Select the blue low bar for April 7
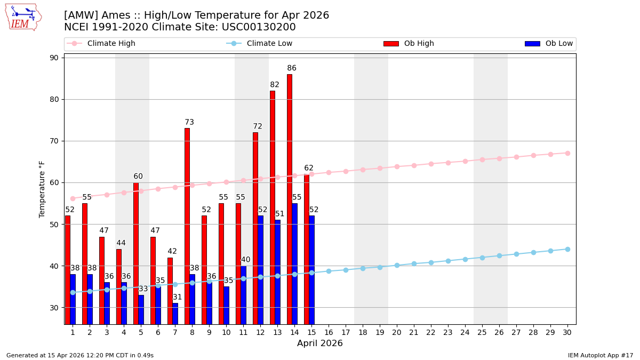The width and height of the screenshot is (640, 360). [x=175, y=314]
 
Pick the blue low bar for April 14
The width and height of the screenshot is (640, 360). [x=294, y=263]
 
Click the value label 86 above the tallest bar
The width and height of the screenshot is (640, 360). [x=292, y=68]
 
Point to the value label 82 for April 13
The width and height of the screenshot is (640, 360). [x=275, y=85]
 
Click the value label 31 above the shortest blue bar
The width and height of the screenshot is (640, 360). [x=178, y=297]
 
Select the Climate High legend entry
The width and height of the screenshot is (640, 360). [x=111, y=44]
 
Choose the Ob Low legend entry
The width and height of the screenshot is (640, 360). [x=558, y=44]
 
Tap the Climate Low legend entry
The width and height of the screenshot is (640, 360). [x=269, y=44]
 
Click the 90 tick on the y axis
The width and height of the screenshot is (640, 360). [x=54, y=58]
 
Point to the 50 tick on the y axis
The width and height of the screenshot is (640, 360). [x=54, y=225]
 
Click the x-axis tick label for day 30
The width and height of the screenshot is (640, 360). [x=567, y=332]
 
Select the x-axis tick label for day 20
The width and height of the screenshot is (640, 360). [x=397, y=332]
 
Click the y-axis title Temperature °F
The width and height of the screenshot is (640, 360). [x=42, y=189]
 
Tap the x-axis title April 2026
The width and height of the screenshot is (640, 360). [x=320, y=344]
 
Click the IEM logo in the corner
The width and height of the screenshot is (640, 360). [x=22, y=17]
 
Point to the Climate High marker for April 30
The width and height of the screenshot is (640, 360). [x=567, y=153]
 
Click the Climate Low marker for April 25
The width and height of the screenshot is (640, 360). [x=482, y=258]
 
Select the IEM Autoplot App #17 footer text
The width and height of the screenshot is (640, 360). [x=601, y=355]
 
